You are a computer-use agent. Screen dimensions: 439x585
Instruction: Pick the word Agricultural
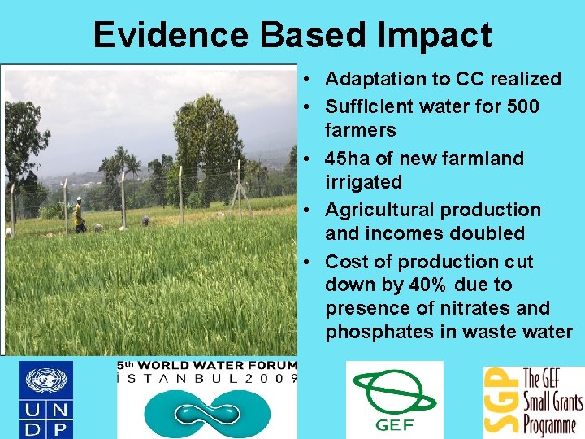(x=379, y=210)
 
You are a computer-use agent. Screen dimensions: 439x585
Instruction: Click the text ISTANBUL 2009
(x=207, y=378)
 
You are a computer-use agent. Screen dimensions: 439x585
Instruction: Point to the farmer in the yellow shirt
(x=79, y=215)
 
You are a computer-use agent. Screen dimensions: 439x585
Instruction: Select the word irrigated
(x=363, y=181)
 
